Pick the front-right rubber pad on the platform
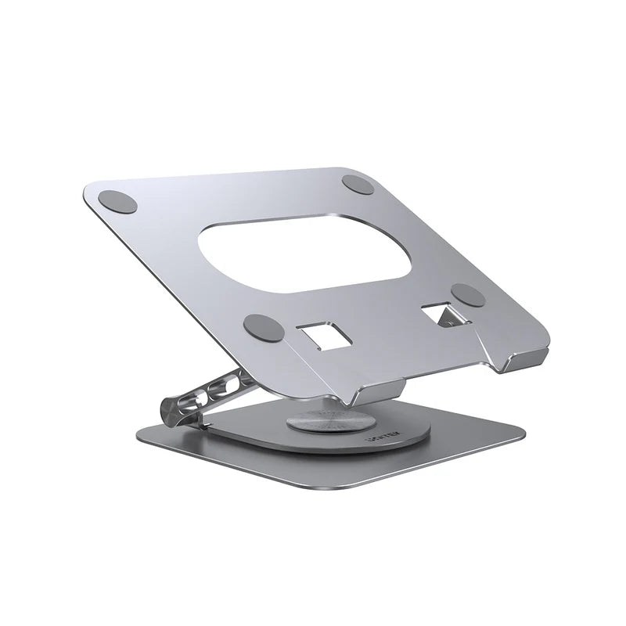[469, 295]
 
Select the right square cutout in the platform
[438, 315]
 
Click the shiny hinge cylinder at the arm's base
[173, 409]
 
